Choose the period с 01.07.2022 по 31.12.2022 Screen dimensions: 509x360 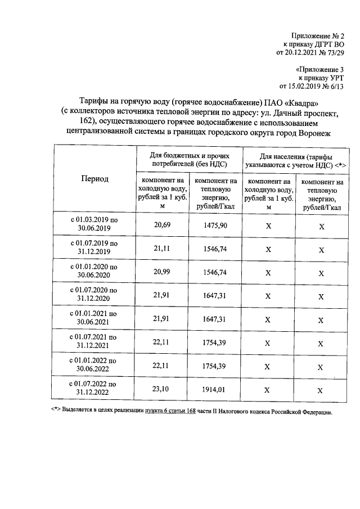tap(93, 388)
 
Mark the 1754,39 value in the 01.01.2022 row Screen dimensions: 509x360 tap(215, 366)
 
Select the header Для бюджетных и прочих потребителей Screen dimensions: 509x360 tap(189, 159)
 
